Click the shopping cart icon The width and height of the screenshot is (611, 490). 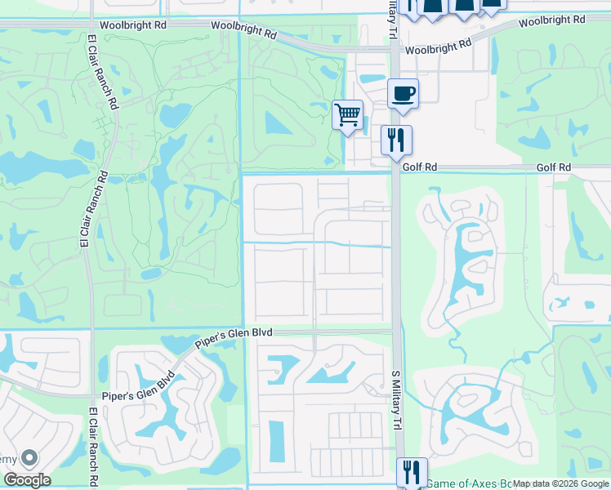[x=348, y=114]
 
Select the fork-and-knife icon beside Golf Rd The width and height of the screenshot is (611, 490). [x=396, y=140]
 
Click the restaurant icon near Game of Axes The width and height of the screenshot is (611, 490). [x=412, y=472]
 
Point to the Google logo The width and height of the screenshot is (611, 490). [x=26, y=480]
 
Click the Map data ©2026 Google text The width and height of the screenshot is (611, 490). [x=560, y=483]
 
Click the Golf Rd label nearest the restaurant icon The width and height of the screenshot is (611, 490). [x=420, y=167]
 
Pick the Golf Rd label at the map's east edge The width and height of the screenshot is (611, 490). [x=554, y=167]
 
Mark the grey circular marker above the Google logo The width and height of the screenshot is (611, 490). [x=29, y=458]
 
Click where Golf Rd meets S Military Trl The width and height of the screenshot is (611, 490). [x=395, y=170]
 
